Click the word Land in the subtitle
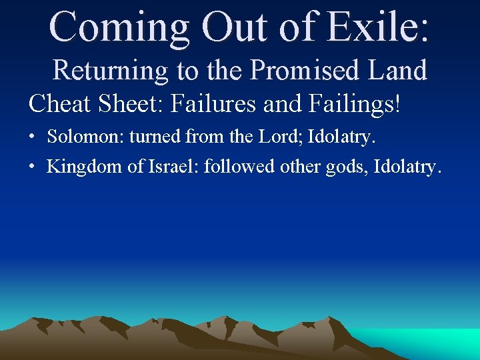pyautogui.click(x=398, y=70)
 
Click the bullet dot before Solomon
pyautogui.click(x=32, y=137)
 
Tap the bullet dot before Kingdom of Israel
pyautogui.click(x=32, y=166)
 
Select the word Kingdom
pyautogui.click(x=85, y=166)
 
